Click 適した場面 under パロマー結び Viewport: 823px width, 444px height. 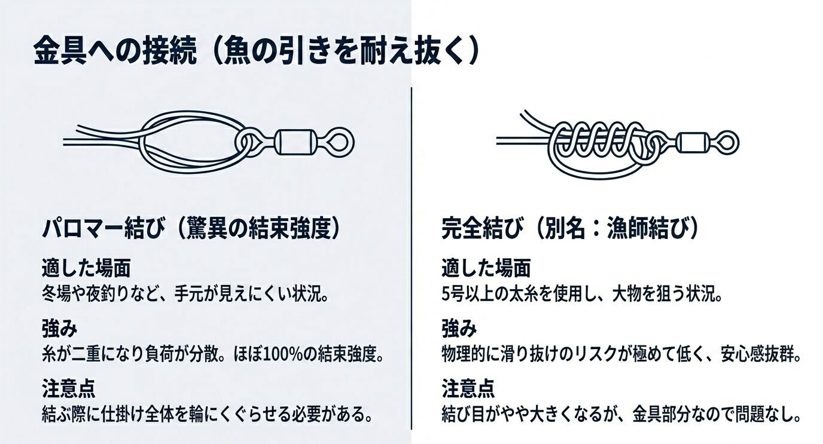click(x=86, y=268)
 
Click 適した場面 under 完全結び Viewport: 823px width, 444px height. click(x=486, y=268)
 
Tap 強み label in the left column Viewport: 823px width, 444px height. click(x=60, y=328)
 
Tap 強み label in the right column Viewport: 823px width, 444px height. click(x=459, y=328)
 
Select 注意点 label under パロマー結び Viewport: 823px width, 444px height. click(x=68, y=388)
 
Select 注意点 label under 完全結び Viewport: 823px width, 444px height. click(x=468, y=388)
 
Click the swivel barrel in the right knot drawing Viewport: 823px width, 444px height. click(x=692, y=142)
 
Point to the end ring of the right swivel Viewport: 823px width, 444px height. click(x=727, y=142)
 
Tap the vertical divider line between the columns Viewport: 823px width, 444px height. click(x=411, y=257)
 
